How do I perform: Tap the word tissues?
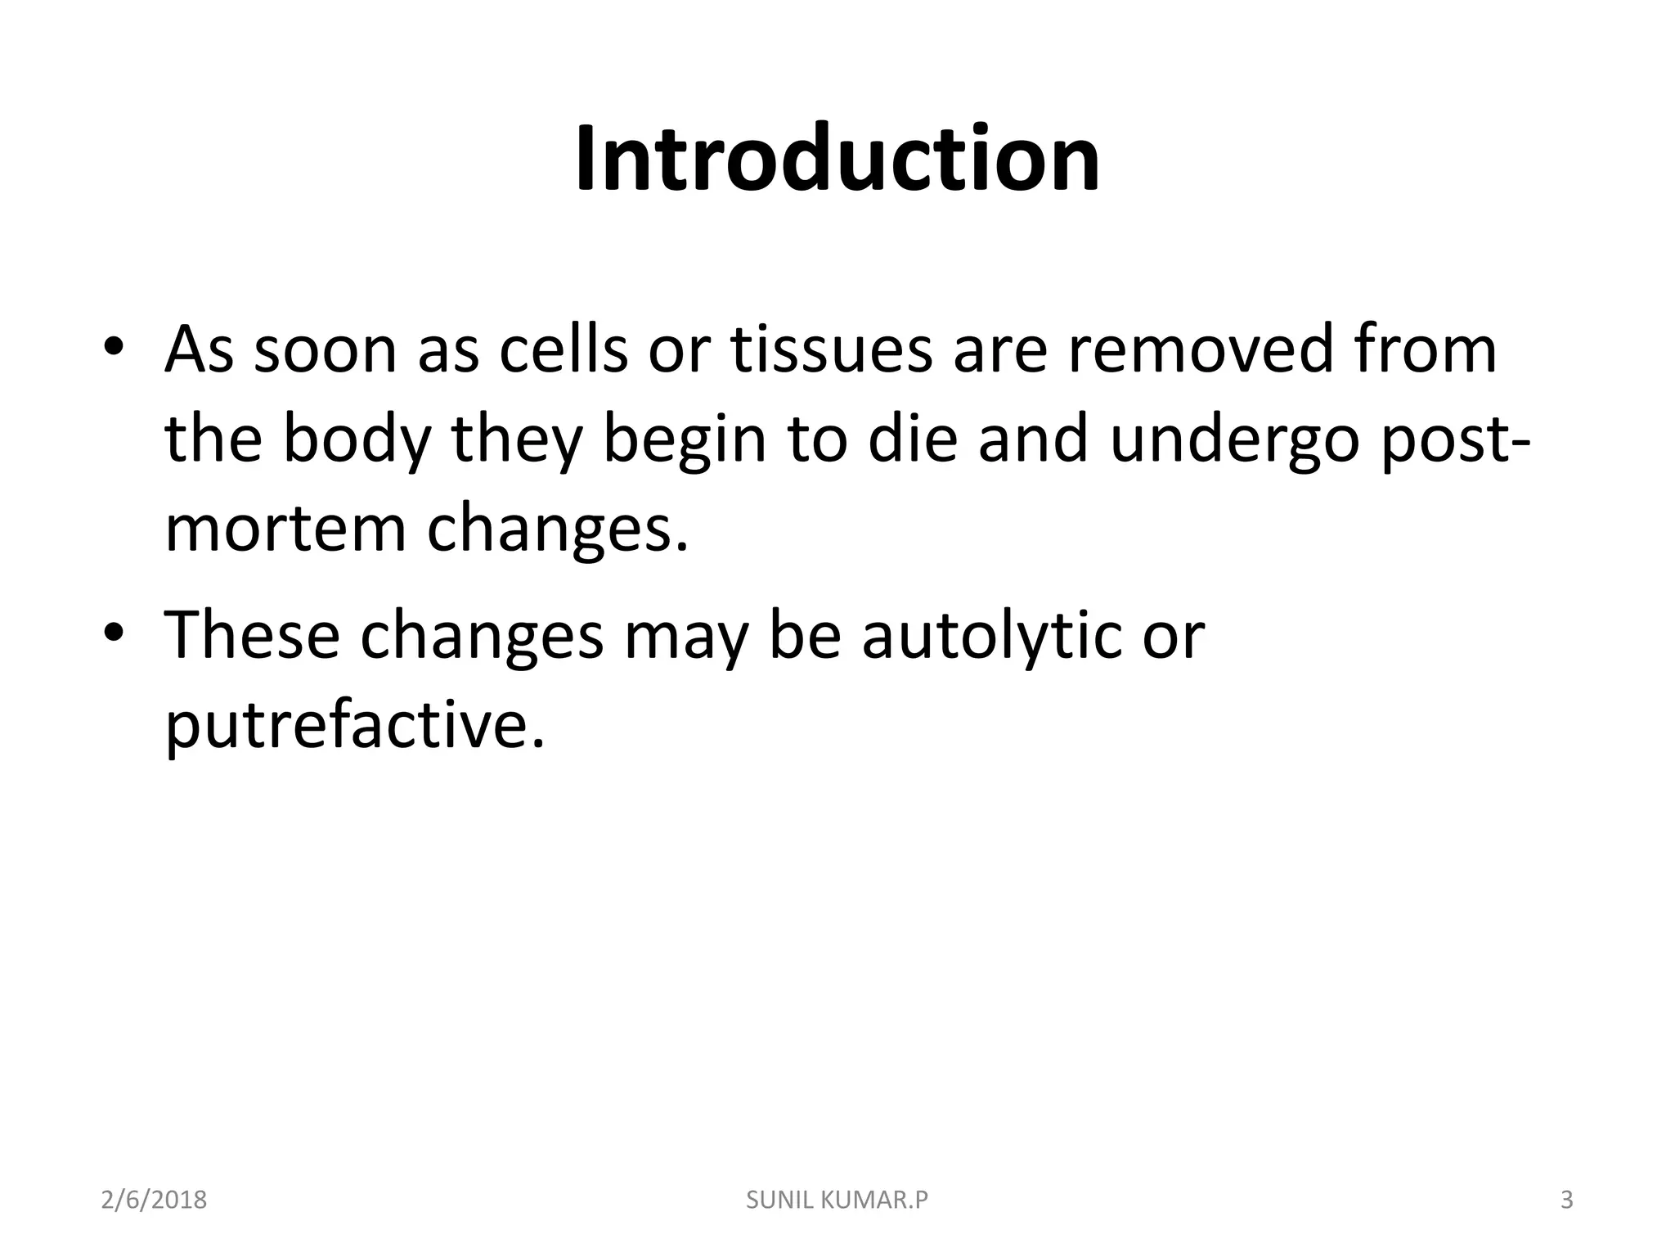click(x=831, y=349)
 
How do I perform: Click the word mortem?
click(x=285, y=529)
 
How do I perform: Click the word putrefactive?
click(x=354, y=726)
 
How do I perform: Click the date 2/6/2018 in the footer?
click(x=154, y=1201)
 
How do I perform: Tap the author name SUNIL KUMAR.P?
click(x=837, y=1201)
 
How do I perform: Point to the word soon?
click(x=326, y=349)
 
